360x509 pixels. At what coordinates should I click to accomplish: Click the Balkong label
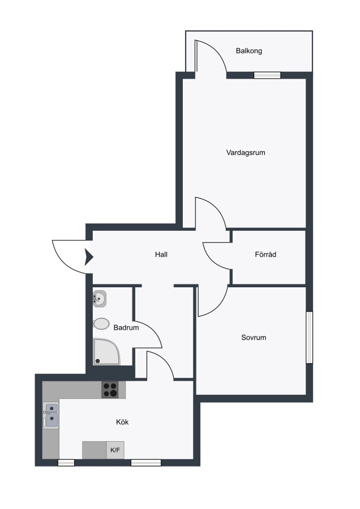click(x=249, y=51)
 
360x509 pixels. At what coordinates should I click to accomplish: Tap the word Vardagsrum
click(x=246, y=153)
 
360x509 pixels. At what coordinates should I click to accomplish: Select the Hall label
click(x=161, y=255)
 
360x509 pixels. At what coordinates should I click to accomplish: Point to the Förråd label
click(x=265, y=255)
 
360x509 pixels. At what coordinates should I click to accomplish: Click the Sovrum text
click(x=254, y=338)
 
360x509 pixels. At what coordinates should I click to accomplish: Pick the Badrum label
click(x=126, y=328)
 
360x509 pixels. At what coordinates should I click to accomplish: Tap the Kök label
click(x=122, y=422)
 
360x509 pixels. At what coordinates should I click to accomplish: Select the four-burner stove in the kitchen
click(x=110, y=390)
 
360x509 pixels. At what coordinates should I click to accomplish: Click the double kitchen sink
click(x=52, y=416)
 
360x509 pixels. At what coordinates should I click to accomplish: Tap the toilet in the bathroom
click(x=101, y=324)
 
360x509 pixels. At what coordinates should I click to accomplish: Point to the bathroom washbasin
click(x=100, y=299)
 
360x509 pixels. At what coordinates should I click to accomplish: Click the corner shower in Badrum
click(x=106, y=352)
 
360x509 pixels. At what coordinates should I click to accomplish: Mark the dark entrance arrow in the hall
click(x=89, y=257)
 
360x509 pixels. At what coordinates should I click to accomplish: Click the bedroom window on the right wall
click(x=309, y=337)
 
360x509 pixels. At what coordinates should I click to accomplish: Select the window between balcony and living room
click(x=267, y=75)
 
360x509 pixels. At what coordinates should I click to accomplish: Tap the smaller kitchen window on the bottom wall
click(x=66, y=463)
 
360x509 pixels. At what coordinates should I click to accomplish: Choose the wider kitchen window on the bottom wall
click(x=146, y=463)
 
